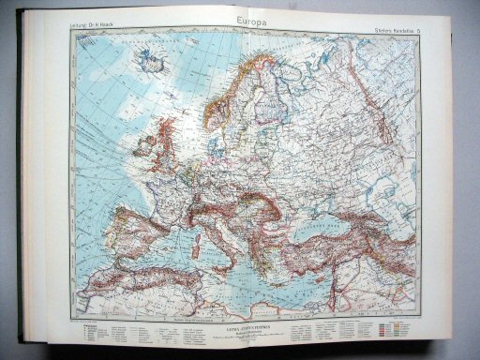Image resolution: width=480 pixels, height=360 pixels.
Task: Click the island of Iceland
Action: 148,61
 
